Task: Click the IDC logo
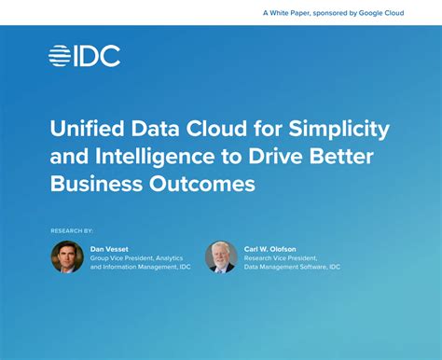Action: click(84, 56)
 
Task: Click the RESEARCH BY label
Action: click(72, 229)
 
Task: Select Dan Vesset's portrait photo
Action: click(67, 256)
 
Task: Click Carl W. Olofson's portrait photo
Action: click(221, 256)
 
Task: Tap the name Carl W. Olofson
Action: click(270, 249)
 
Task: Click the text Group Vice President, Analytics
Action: click(136, 258)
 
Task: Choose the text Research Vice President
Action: click(280, 258)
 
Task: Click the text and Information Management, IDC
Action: click(139, 268)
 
